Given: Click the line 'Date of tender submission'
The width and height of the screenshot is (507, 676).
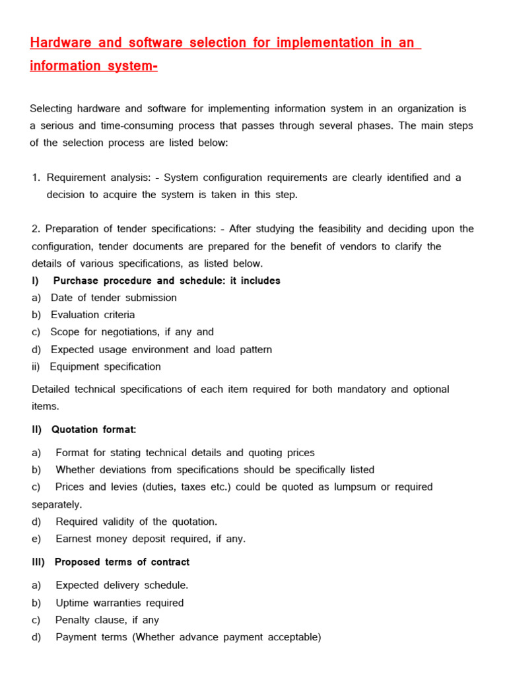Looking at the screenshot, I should (114, 298).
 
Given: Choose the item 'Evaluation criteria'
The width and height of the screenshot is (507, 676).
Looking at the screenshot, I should (92, 315).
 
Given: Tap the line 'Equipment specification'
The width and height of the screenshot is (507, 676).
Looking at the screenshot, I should (105, 366).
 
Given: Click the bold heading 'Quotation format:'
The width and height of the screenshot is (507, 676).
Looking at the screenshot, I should (95, 430).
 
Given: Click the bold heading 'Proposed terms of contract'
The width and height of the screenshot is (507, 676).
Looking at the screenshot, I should (121, 562).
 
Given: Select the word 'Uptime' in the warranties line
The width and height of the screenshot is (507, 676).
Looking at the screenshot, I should (73, 603).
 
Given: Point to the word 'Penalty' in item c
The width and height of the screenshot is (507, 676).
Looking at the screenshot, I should (74, 620).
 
